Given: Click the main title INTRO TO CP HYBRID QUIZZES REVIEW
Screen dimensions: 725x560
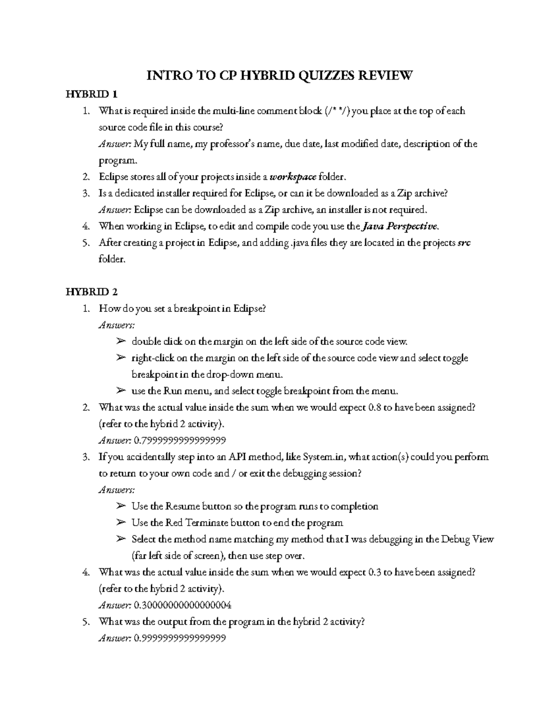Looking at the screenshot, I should (x=280, y=76).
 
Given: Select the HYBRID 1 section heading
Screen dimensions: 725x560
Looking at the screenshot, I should (x=91, y=95).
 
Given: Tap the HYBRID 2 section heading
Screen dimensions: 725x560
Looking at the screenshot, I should (x=91, y=292).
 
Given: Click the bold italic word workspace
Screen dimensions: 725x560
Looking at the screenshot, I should (x=294, y=177).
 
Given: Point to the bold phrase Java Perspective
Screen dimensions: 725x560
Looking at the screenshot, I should (x=400, y=226).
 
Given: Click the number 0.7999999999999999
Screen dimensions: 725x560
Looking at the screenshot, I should (x=180, y=440).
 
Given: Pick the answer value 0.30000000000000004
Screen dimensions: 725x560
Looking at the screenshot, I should (x=182, y=605).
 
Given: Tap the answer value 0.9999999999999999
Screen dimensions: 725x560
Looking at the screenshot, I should (x=180, y=638).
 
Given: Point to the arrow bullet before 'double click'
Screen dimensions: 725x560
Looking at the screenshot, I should (x=120, y=342).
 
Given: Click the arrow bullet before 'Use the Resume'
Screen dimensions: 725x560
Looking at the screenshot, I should (x=120, y=507).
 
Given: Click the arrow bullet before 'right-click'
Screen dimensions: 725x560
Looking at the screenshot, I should (x=120, y=358).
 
